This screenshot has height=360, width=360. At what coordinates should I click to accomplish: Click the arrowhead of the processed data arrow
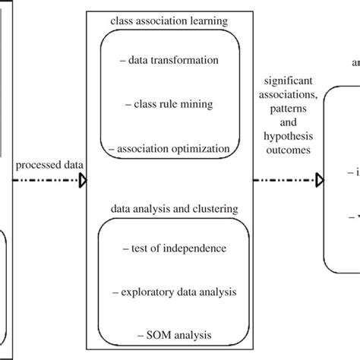point(83,181)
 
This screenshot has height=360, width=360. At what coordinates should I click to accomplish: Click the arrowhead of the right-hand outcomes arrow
point(320,181)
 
